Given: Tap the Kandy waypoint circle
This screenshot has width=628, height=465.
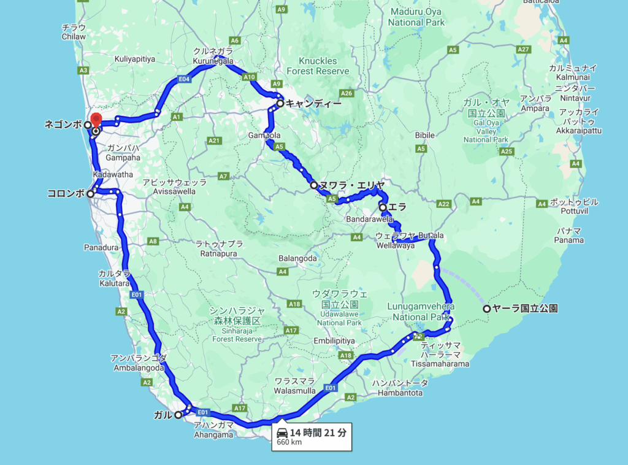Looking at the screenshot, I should click(280, 104).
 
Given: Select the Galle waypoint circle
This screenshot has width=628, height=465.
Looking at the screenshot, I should click(178, 415).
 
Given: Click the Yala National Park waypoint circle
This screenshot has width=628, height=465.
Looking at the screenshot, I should click(487, 309).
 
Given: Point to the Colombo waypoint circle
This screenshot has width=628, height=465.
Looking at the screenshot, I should click(90, 194).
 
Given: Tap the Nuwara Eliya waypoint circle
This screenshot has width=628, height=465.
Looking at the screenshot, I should click(314, 185).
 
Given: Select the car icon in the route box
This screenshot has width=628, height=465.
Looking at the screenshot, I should click(282, 432).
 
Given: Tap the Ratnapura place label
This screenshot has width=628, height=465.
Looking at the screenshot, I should click(219, 248).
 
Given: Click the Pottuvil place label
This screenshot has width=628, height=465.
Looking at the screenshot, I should click(566, 206).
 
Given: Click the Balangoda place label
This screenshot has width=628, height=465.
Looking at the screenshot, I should click(297, 258).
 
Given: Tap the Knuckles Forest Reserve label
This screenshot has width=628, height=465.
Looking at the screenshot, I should click(317, 66).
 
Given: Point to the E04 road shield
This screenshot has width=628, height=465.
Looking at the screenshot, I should click(183, 79).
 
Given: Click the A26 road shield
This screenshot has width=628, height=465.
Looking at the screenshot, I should click(347, 93).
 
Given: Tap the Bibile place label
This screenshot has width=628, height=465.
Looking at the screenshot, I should click(424, 135).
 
